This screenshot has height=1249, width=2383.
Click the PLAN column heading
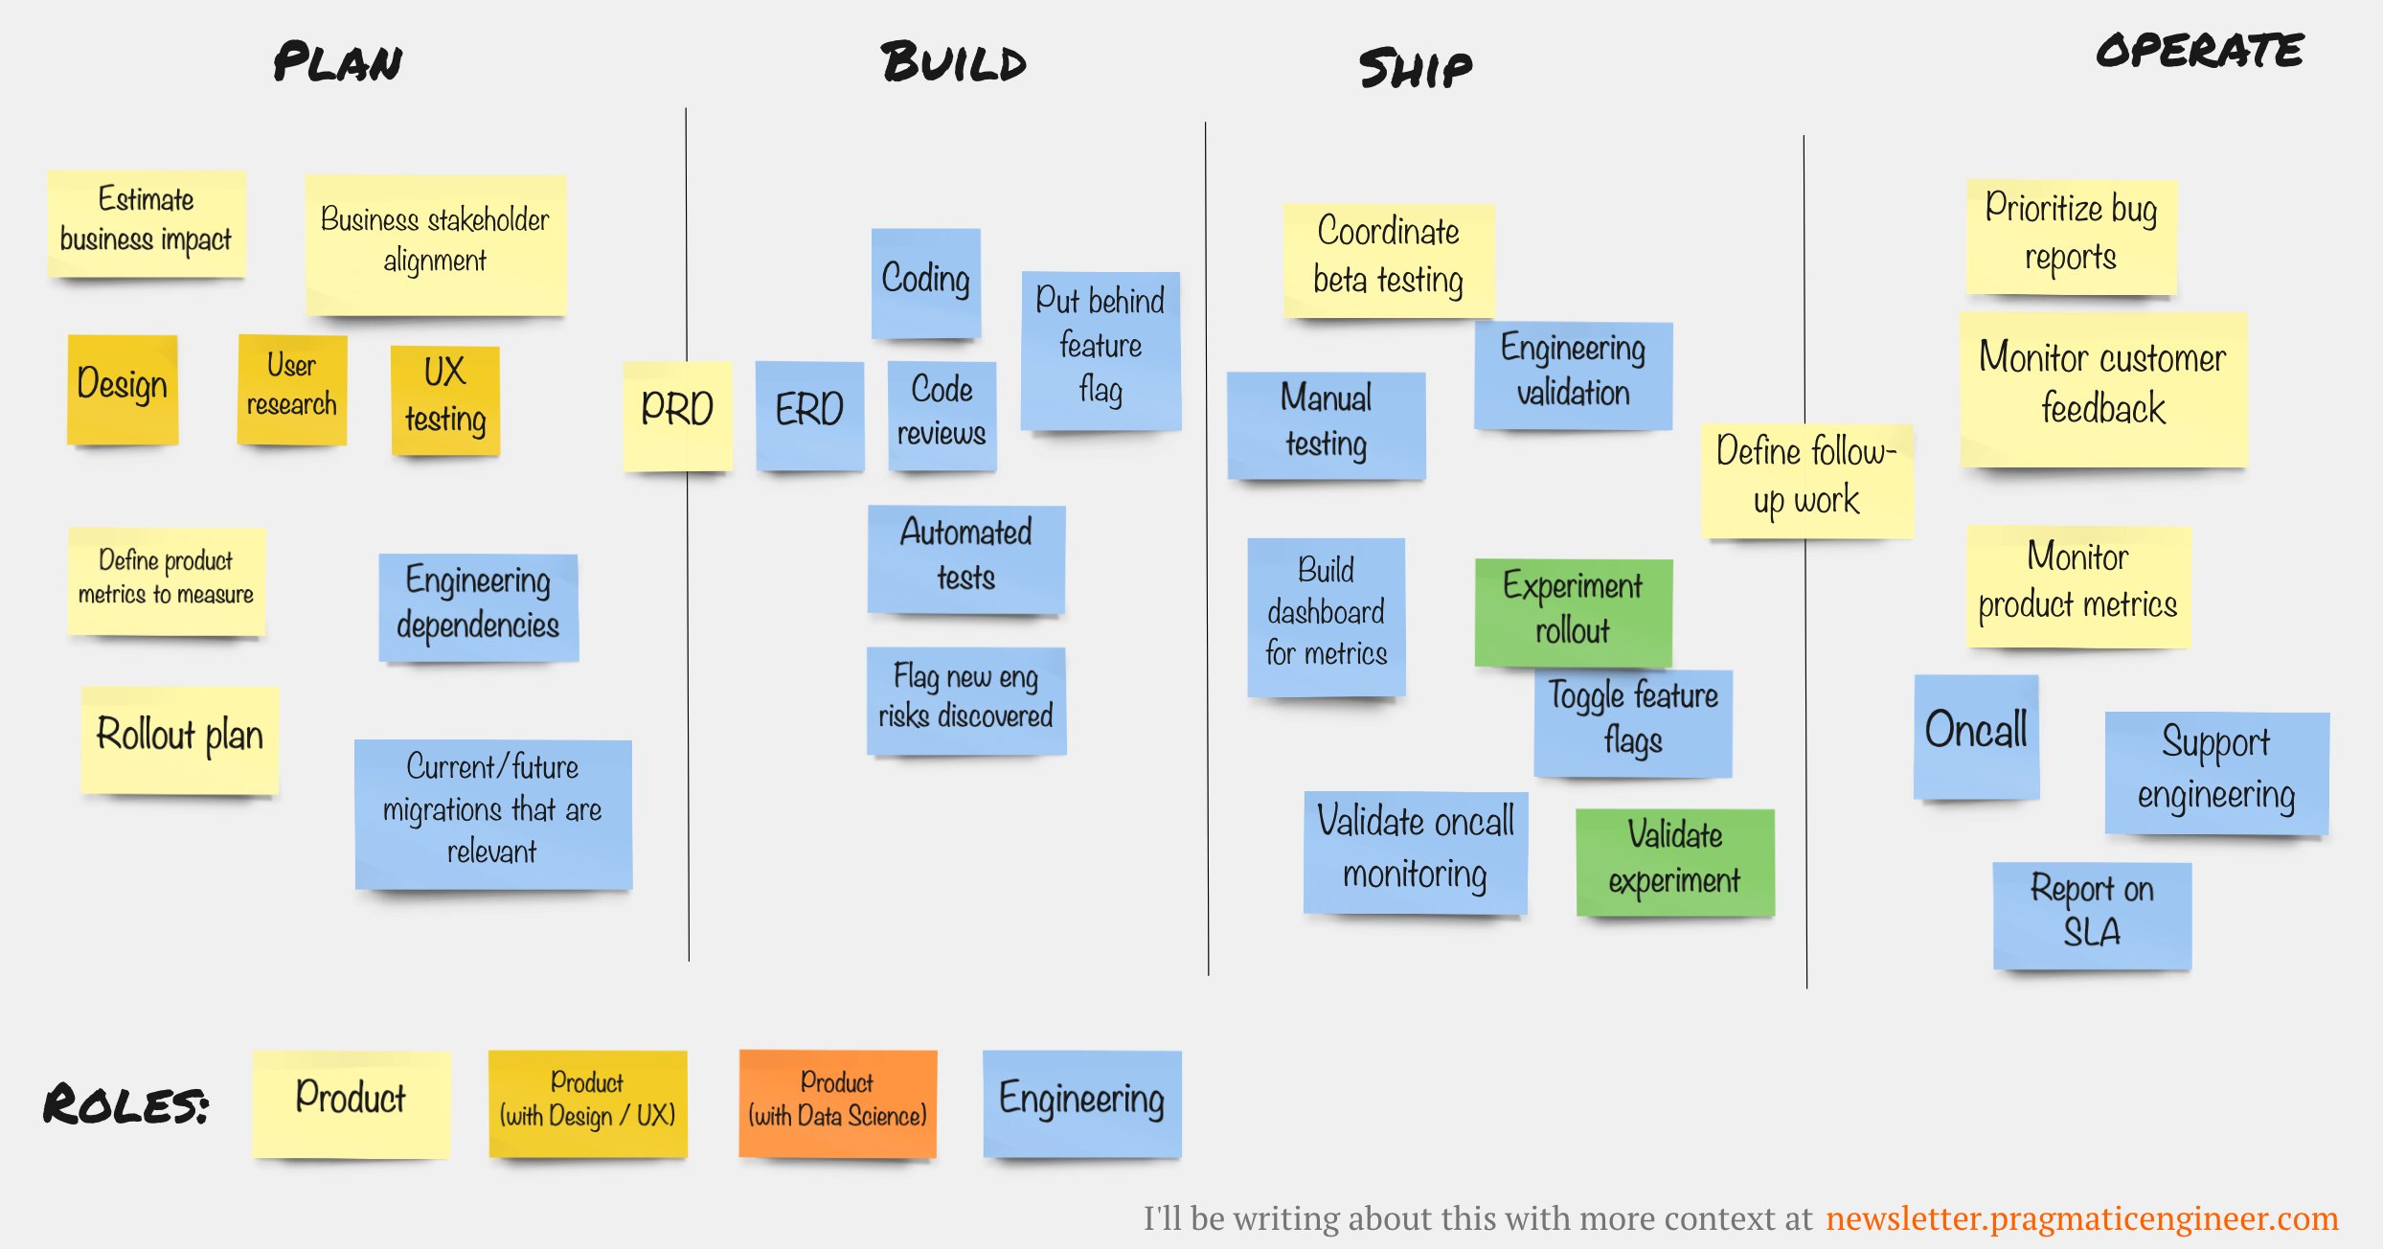[337, 62]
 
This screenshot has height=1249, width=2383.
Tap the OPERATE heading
[2199, 51]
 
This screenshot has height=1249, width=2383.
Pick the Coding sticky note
[925, 282]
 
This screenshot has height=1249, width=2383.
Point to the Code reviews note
[942, 414]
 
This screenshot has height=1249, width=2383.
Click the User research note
[292, 388]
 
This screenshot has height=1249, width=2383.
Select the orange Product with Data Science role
[837, 1102]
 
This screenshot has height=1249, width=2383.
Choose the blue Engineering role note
[1081, 1102]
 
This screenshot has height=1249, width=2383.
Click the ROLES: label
[125, 1105]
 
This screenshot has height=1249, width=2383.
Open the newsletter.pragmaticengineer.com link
[2081, 1218]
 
